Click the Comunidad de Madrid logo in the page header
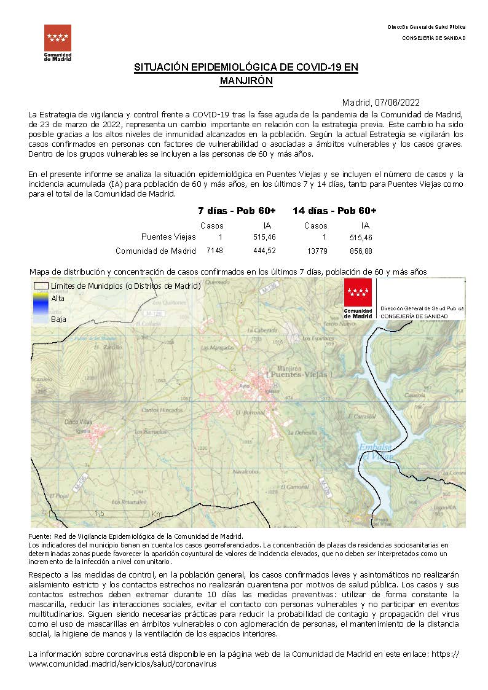tap(57, 42)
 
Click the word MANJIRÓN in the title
tap(246, 80)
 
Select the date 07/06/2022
tap(398, 103)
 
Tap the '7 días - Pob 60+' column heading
tap(237, 211)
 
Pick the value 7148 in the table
tap(214, 251)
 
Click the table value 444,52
tap(264, 251)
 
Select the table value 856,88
tap(361, 251)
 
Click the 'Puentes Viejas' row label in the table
tap(168, 237)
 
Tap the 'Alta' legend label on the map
tap(58, 299)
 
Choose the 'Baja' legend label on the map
tap(58, 320)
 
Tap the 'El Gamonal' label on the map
tap(296, 487)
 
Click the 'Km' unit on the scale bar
tap(157, 514)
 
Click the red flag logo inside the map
tap(358, 298)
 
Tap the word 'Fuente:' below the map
tap(41, 536)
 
